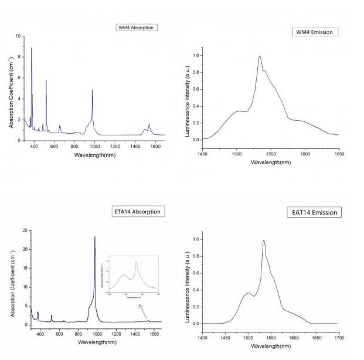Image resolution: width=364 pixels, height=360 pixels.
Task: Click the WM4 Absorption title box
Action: tap(137, 28)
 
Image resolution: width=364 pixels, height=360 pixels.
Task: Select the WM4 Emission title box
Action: tap(315, 32)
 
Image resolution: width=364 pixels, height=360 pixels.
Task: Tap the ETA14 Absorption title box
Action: tap(136, 211)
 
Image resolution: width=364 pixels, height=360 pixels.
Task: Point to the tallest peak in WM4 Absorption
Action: tap(32, 48)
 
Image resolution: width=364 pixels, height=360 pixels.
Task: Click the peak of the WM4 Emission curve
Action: tap(259, 56)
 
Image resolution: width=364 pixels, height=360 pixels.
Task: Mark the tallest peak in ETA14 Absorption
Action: tap(95, 236)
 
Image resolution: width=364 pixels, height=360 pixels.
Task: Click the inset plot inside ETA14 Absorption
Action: tap(133, 276)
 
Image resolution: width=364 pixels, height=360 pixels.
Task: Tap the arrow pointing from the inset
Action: tap(142, 308)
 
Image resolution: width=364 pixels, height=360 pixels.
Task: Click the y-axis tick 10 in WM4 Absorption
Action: tap(18, 36)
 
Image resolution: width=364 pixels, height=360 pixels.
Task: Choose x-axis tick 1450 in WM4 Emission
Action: tap(202, 154)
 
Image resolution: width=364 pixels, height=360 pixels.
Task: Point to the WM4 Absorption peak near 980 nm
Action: tap(92, 90)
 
